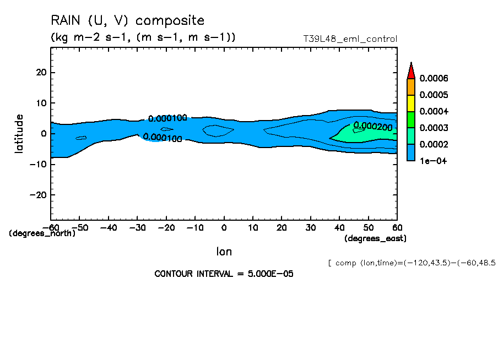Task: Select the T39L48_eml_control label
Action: (350, 39)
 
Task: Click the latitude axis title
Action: (19, 133)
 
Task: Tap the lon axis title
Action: (224, 252)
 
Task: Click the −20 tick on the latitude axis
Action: (39, 195)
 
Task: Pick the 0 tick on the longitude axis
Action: (224, 227)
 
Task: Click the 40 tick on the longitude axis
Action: (339, 227)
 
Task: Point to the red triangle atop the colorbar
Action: (410, 70)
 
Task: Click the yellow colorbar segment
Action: (410, 103)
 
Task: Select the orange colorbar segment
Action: (410, 87)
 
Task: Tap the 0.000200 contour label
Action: (372, 126)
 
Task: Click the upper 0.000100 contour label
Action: (168, 118)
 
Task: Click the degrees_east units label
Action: (375, 238)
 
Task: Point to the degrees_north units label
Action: (42, 233)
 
